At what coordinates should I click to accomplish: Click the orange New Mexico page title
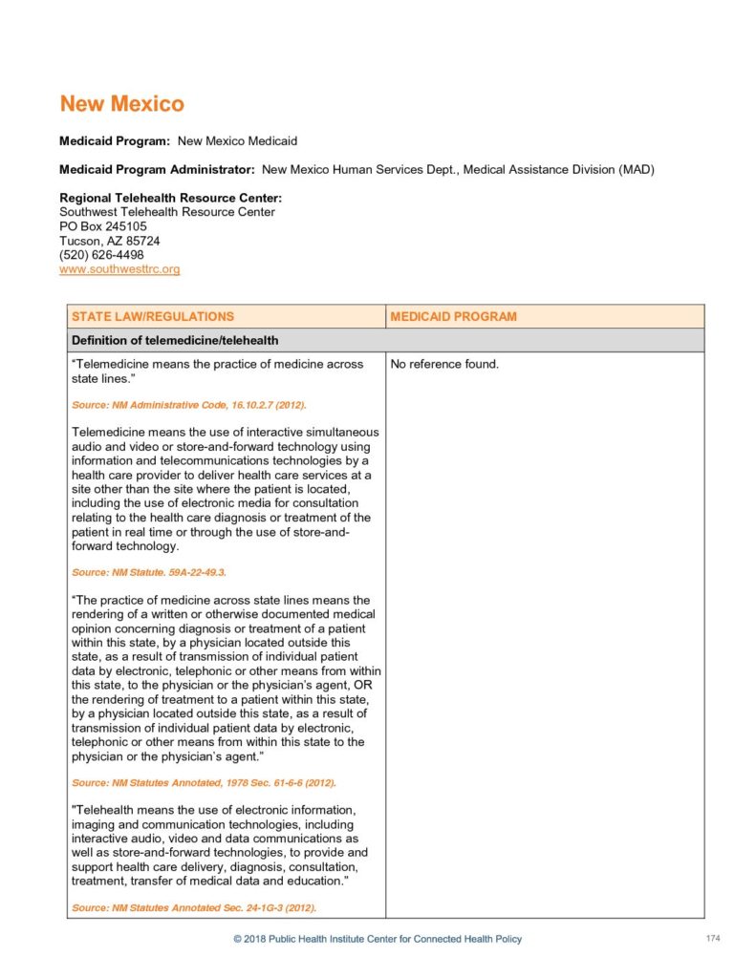pos(121,103)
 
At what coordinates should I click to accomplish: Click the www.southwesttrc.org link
pos(119,269)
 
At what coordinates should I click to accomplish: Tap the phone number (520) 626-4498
pos(101,255)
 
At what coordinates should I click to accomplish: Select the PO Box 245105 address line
pos(103,226)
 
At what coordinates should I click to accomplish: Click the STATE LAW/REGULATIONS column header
pos(153,316)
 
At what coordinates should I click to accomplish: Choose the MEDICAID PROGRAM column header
pos(453,316)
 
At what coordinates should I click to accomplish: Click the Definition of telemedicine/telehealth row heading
pos(174,341)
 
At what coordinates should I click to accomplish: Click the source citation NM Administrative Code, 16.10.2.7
pos(189,405)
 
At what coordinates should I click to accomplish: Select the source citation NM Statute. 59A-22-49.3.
pos(149,572)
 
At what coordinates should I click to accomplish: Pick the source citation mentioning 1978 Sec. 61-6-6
pos(204,782)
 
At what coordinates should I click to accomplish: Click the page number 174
pos(712,939)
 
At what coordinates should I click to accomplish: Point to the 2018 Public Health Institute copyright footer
pos(378,939)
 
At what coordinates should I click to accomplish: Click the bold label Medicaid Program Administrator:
pos(157,170)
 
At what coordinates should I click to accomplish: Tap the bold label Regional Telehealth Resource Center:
pos(170,198)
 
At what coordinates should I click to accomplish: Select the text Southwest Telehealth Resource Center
pos(167,212)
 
